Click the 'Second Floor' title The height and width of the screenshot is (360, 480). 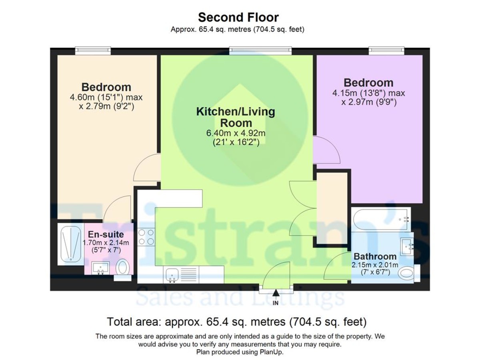pos(238,18)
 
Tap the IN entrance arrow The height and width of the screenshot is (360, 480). pos(276,293)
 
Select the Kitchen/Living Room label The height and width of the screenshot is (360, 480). pos(236,117)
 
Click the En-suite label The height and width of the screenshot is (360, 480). pos(106,234)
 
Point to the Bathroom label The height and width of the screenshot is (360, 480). pos(375,256)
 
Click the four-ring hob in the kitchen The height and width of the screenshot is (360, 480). pos(146,237)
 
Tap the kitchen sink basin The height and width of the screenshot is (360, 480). pos(172,275)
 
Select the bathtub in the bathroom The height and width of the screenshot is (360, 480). pos(380,220)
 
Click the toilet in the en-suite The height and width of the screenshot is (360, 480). pos(122,267)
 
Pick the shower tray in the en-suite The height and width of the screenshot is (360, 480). pos(71,244)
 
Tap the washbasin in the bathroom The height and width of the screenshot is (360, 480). pos(407,246)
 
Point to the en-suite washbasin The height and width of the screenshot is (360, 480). pos(100,268)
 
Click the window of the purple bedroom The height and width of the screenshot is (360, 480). pos(386,51)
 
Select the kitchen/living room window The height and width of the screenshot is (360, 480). pos(260,51)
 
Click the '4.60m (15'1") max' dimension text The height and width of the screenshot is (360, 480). pos(106,97)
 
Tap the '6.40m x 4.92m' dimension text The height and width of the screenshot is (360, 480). pos(236,133)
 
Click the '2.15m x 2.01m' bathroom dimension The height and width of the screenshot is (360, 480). pos(375,265)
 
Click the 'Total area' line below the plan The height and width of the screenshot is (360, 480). pos(237,322)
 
